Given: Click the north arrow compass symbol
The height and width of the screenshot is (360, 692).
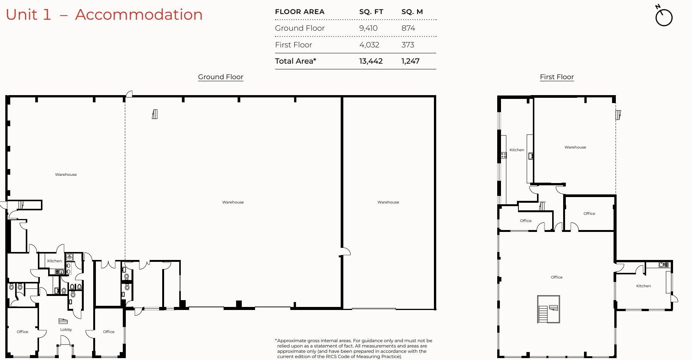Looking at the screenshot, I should pyautogui.click(x=664, y=17).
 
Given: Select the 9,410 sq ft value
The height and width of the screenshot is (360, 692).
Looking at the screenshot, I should pyautogui.click(x=368, y=28).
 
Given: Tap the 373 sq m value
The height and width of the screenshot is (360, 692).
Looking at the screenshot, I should pyautogui.click(x=408, y=45).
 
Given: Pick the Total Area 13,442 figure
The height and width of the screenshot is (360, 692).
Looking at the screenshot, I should pyautogui.click(x=371, y=61).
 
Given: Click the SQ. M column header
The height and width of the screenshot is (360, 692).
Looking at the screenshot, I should pyautogui.click(x=412, y=12).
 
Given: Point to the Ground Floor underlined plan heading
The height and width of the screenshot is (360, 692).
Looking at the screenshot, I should pyautogui.click(x=221, y=77).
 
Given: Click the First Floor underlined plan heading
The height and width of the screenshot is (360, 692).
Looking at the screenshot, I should pyautogui.click(x=557, y=77).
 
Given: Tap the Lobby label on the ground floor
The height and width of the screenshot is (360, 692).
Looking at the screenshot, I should pyautogui.click(x=66, y=330).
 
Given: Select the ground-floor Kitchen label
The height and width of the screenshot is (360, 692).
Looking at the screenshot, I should pyautogui.click(x=55, y=261).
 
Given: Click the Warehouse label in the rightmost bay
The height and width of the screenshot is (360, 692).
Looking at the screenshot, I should pyautogui.click(x=388, y=202).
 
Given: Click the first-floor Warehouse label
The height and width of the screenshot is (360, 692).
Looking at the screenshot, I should pyautogui.click(x=575, y=147).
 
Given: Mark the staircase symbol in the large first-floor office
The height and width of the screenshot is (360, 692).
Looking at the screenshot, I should pyautogui.click(x=548, y=309).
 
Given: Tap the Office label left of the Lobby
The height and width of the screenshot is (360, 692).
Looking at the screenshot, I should pyautogui.click(x=22, y=332).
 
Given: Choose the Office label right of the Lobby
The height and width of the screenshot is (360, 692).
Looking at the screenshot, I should pyautogui.click(x=109, y=332).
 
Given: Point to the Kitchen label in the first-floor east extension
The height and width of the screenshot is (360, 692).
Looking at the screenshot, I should pyautogui.click(x=643, y=286).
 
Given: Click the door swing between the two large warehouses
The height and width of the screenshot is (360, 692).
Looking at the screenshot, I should pyautogui.click(x=345, y=252).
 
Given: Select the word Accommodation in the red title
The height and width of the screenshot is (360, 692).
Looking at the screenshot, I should pyautogui.click(x=139, y=14).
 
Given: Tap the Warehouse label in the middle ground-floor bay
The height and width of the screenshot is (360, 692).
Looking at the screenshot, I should pyautogui.click(x=233, y=202).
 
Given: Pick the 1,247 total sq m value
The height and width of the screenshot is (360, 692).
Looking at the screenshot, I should pyautogui.click(x=410, y=61).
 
